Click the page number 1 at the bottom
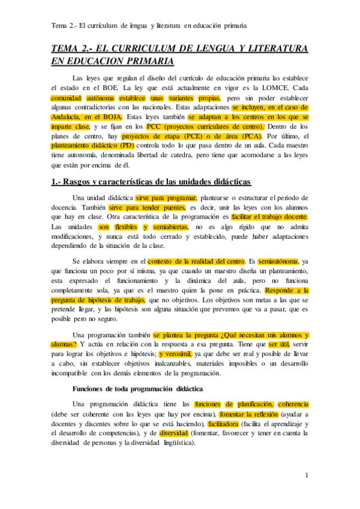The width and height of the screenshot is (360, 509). click(x=307, y=476)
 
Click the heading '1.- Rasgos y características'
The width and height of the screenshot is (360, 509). click(x=151, y=181)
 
